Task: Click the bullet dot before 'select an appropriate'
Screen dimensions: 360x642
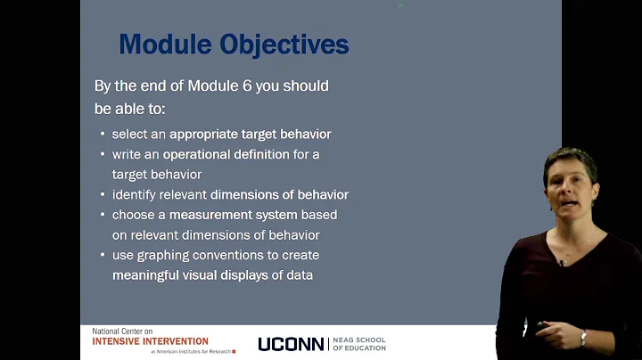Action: (x=103, y=135)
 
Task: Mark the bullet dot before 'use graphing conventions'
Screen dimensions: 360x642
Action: (x=103, y=256)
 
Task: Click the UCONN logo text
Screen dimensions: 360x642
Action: (x=290, y=344)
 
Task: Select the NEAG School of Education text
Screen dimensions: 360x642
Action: (x=359, y=344)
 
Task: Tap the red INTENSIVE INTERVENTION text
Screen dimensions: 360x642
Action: (x=150, y=341)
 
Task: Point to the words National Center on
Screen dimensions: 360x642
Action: (x=121, y=331)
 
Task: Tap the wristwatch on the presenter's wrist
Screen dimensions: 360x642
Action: (x=583, y=337)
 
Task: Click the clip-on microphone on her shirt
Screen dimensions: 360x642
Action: (x=562, y=263)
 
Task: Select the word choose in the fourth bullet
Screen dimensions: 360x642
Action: (x=132, y=215)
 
